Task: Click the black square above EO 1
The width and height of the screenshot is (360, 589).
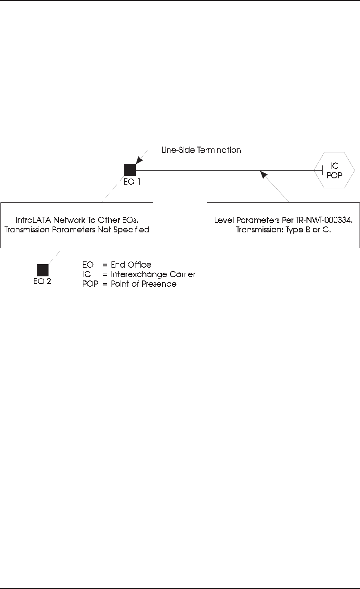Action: pyautogui.click(x=130, y=170)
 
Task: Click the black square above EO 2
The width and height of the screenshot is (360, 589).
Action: pyautogui.click(x=43, y=270)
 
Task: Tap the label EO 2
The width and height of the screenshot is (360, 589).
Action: pyautogui.click(x=43, y=281)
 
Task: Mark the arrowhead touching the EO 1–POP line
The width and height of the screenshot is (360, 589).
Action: pyautogui.click(x=262, y=174)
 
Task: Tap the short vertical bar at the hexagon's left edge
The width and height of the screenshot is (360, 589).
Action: pyautogui.click(x=322, y=171)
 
